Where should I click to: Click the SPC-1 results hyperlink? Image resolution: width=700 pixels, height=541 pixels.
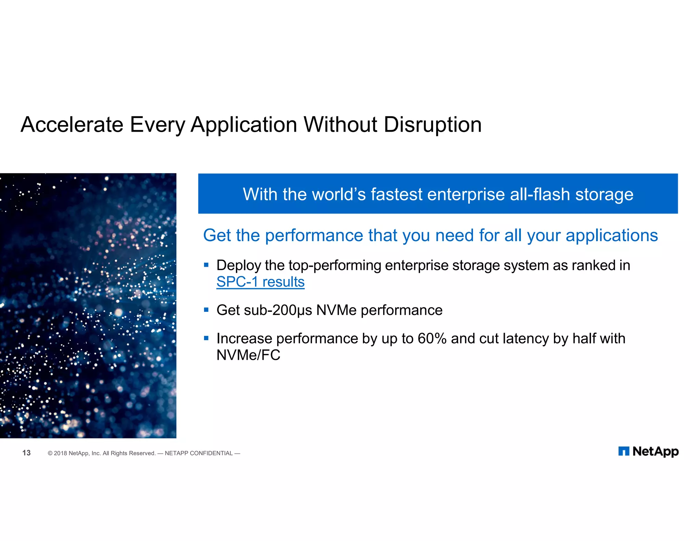260,282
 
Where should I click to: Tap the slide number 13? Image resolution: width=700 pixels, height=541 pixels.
26,453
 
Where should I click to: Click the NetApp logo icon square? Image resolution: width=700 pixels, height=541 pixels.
624,451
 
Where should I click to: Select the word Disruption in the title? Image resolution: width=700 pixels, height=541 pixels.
433,124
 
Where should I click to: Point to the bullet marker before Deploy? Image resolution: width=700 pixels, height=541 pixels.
206,265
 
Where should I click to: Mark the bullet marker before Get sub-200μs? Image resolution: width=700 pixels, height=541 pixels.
206,310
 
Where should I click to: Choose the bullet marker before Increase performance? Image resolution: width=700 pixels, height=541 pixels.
206,338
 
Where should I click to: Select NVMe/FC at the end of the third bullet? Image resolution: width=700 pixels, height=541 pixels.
248,355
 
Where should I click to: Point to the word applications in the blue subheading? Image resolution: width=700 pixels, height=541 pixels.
612,236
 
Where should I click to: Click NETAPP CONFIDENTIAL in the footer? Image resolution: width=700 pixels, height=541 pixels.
199,453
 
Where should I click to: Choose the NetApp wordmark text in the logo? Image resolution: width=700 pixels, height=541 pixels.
656,451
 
